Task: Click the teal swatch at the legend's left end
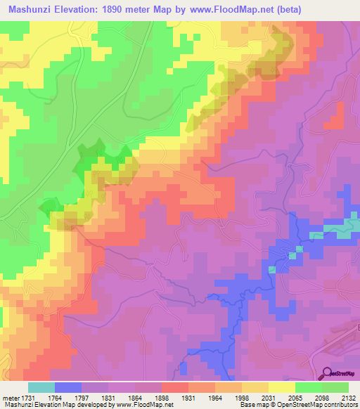41,387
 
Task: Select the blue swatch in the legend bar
68,387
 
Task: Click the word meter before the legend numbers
13,398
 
